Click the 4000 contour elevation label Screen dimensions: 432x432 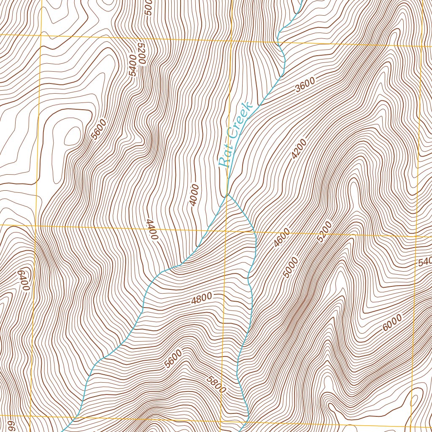coord(194,195)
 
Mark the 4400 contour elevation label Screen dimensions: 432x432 coord(151,229)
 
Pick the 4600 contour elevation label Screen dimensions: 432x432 coord(282,238)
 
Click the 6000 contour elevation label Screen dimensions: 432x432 coord(392,323)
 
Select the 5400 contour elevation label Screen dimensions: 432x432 coord(133,65)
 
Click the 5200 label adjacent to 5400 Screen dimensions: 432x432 coord(141,53)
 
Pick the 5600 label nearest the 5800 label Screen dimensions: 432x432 coord(173,359)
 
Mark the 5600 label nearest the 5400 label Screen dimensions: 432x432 coord(100,129)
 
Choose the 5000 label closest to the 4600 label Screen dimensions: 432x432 coord(291,267)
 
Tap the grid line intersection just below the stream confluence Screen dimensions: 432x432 coord(226,230)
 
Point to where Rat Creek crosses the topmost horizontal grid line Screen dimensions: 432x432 coord(278,43)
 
